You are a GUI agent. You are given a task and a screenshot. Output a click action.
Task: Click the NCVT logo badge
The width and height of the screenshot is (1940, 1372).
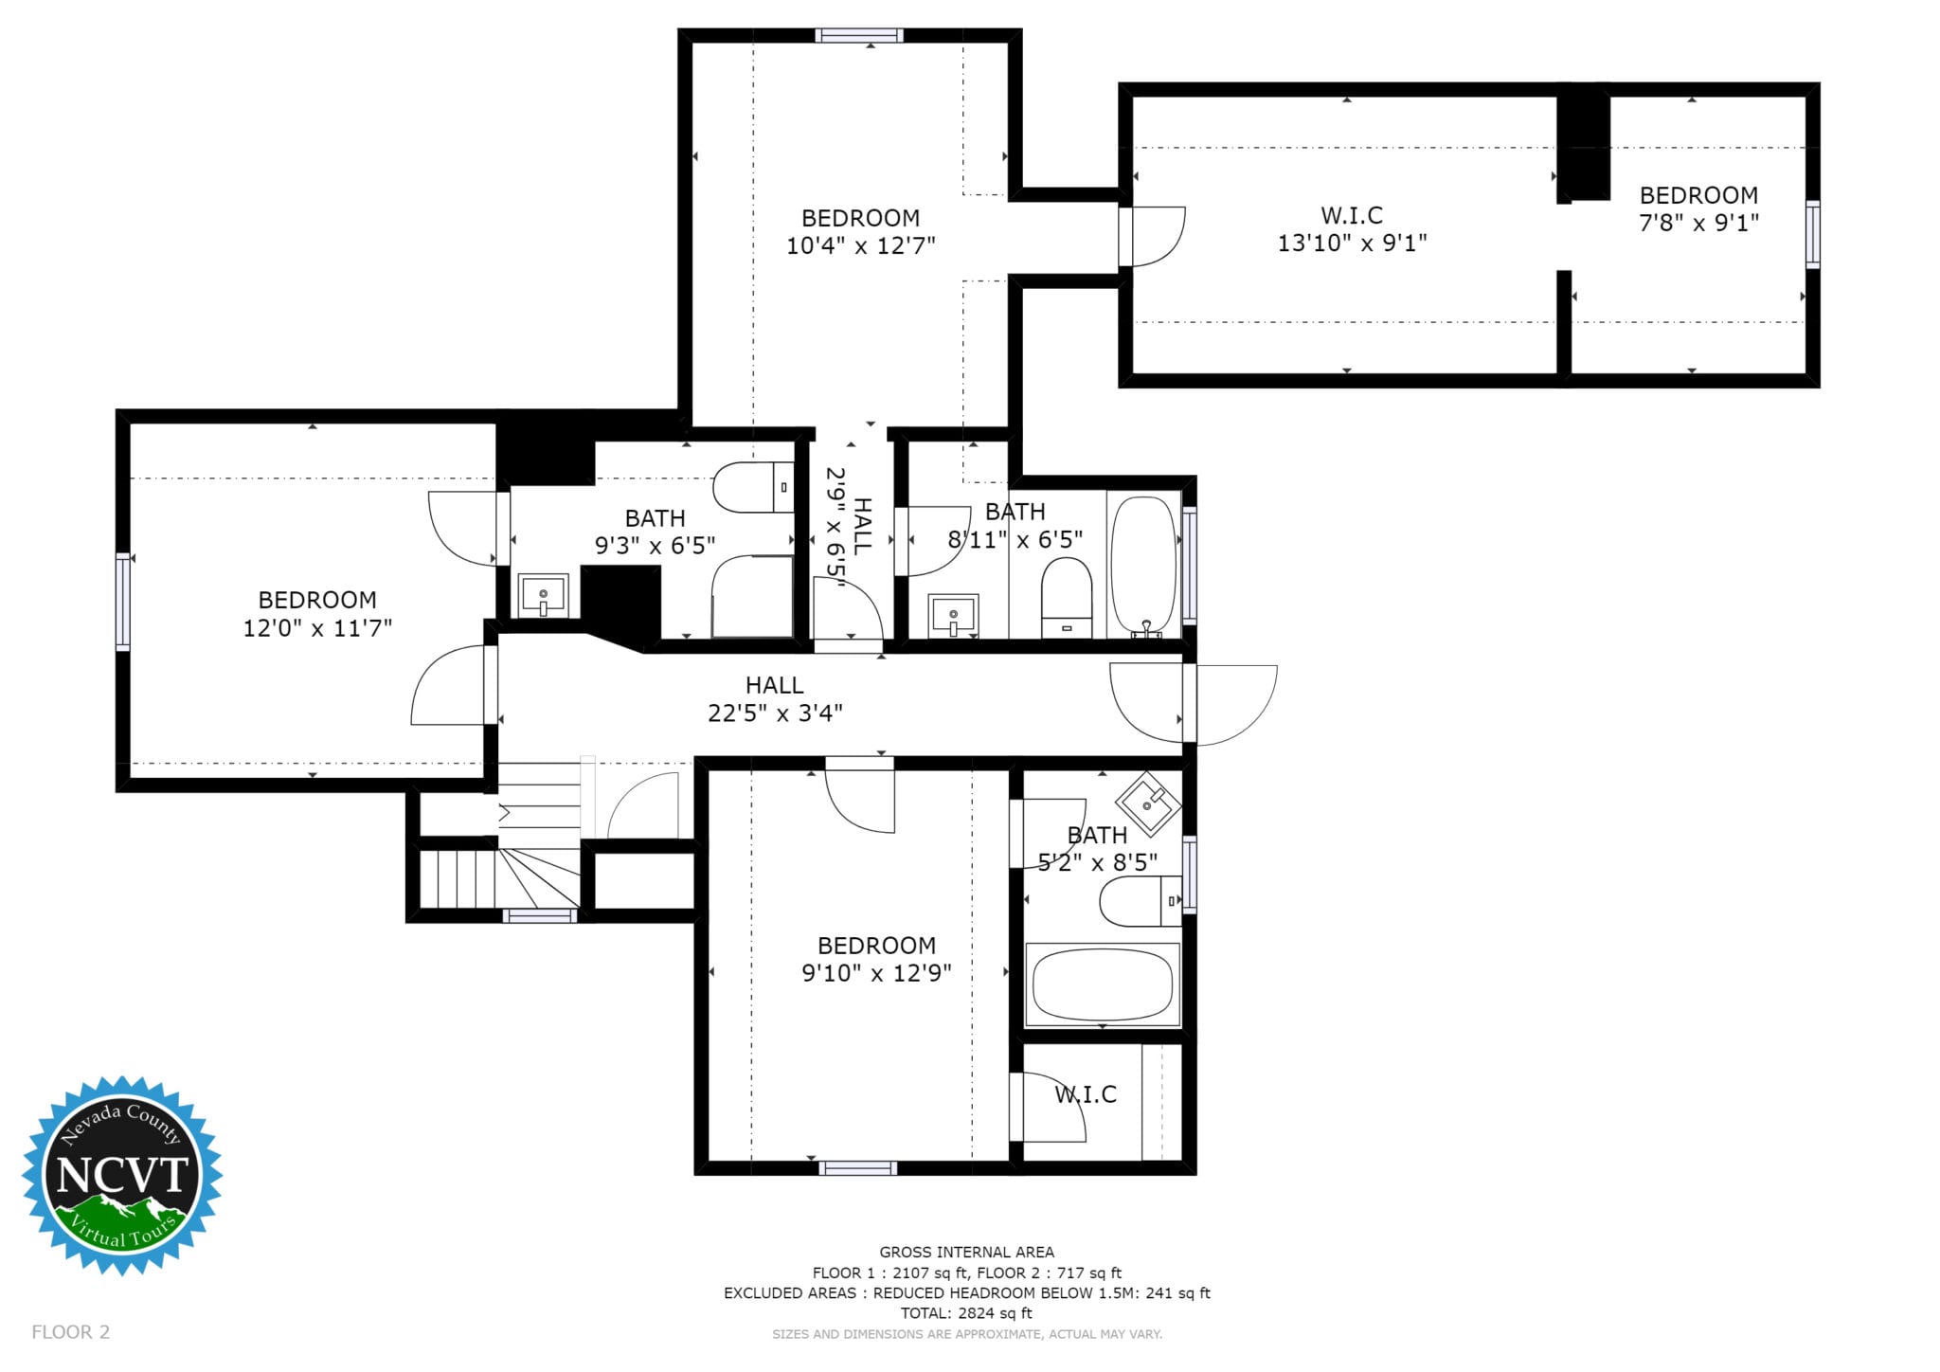(122, 1175)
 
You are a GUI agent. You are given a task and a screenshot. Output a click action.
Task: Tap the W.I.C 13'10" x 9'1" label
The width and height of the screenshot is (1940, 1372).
(1352, 229)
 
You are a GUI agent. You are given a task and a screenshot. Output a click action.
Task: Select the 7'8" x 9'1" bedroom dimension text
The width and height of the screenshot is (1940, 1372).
(1698, 223)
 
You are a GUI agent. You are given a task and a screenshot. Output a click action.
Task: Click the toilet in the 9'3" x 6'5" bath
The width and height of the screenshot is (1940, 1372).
(753, 487)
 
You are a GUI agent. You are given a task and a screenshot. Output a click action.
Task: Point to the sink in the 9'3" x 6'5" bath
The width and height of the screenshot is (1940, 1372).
(543, 595)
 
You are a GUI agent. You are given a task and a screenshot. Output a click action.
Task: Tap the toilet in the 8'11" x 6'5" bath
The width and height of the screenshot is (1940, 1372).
(1067, 598)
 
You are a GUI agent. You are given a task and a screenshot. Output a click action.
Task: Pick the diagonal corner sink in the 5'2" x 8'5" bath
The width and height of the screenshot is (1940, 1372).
(1148, 803)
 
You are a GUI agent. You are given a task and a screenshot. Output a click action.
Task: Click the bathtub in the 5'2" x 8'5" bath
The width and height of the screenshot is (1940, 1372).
(1102, 984)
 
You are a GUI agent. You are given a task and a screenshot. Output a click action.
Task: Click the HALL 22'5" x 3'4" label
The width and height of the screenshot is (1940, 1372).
(775, 699)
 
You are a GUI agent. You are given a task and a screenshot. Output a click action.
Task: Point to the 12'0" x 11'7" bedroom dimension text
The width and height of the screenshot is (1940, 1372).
(317, 628)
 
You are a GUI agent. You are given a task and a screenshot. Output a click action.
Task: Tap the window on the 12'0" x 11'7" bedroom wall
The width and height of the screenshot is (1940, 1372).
(123, 602)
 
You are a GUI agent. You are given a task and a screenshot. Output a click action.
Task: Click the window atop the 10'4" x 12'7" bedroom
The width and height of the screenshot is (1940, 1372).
(859, 36)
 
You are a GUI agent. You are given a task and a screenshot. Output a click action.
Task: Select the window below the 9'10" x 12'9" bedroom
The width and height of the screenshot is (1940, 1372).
(857, 1167)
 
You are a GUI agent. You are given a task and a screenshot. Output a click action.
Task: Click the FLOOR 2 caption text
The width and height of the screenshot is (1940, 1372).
(71, 1332)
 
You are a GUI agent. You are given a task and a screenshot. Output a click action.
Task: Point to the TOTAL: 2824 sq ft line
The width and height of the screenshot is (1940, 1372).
(966, 1313)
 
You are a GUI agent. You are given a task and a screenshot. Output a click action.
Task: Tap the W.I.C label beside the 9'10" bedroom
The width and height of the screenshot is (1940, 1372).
(1086, 1094)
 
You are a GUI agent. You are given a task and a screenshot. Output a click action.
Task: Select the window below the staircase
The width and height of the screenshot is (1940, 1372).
(539, 915)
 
